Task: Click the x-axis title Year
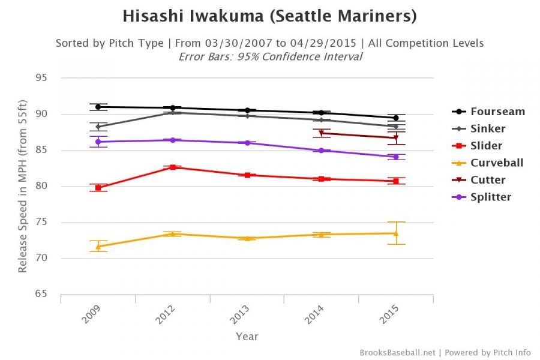click(x=247, y=337)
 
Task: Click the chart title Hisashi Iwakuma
click(x=269, y=16)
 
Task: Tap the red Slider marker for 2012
click(x=172, y=167)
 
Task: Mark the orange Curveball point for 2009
click(x=98, y=246)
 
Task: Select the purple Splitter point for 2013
click(x=247, y=143)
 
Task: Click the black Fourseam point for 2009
click(x=98, y=107)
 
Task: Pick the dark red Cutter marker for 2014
click(x=321, y=133)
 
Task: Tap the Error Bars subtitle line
click(x=270, y=57)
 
